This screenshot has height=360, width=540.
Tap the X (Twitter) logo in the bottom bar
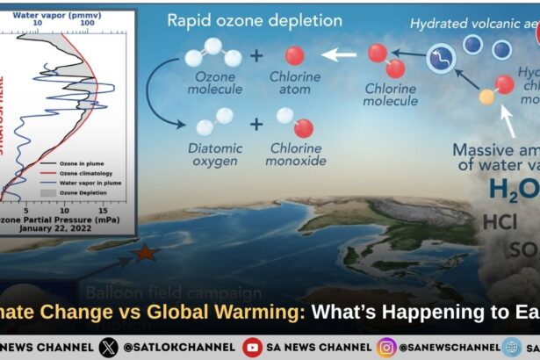pos(108,347)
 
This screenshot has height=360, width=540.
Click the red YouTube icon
pos(253,347)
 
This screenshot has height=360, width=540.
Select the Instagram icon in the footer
pos(386,347)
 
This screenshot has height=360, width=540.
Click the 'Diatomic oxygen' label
pos(215,155)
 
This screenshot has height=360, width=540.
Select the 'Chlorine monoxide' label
pos(294,155)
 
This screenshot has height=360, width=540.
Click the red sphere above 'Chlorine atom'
pos(295,56)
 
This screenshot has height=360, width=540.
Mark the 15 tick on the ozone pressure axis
pos(103,212)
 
